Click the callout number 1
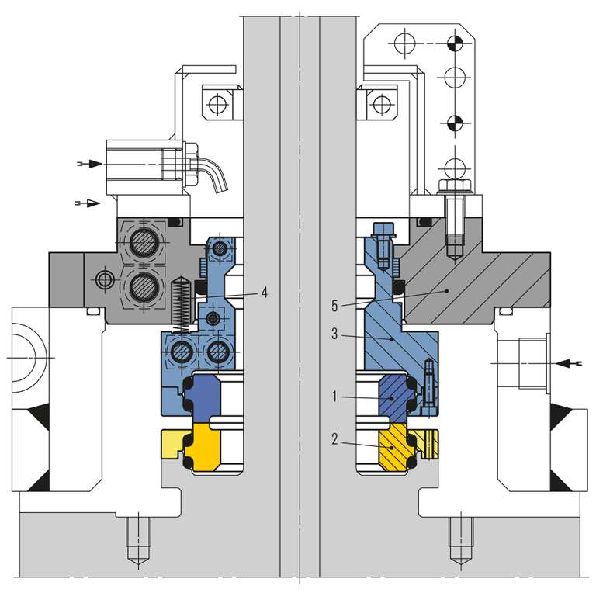(334, 397)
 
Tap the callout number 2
(334, 439)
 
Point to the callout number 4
(265, 293)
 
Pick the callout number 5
(334, 306)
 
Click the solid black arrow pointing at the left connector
(92, 164)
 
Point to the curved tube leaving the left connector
(217, 171)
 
